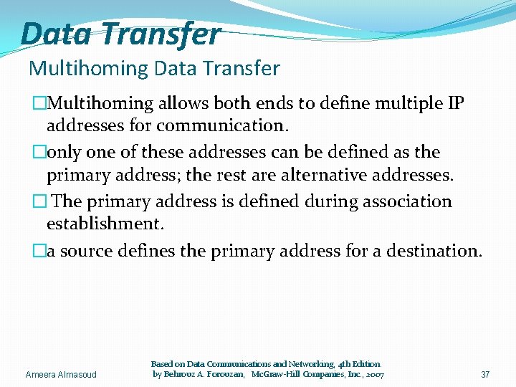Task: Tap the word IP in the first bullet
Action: (x=455, y=103)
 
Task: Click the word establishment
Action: (x=105, y=223)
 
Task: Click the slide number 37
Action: (x=485, y=375)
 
